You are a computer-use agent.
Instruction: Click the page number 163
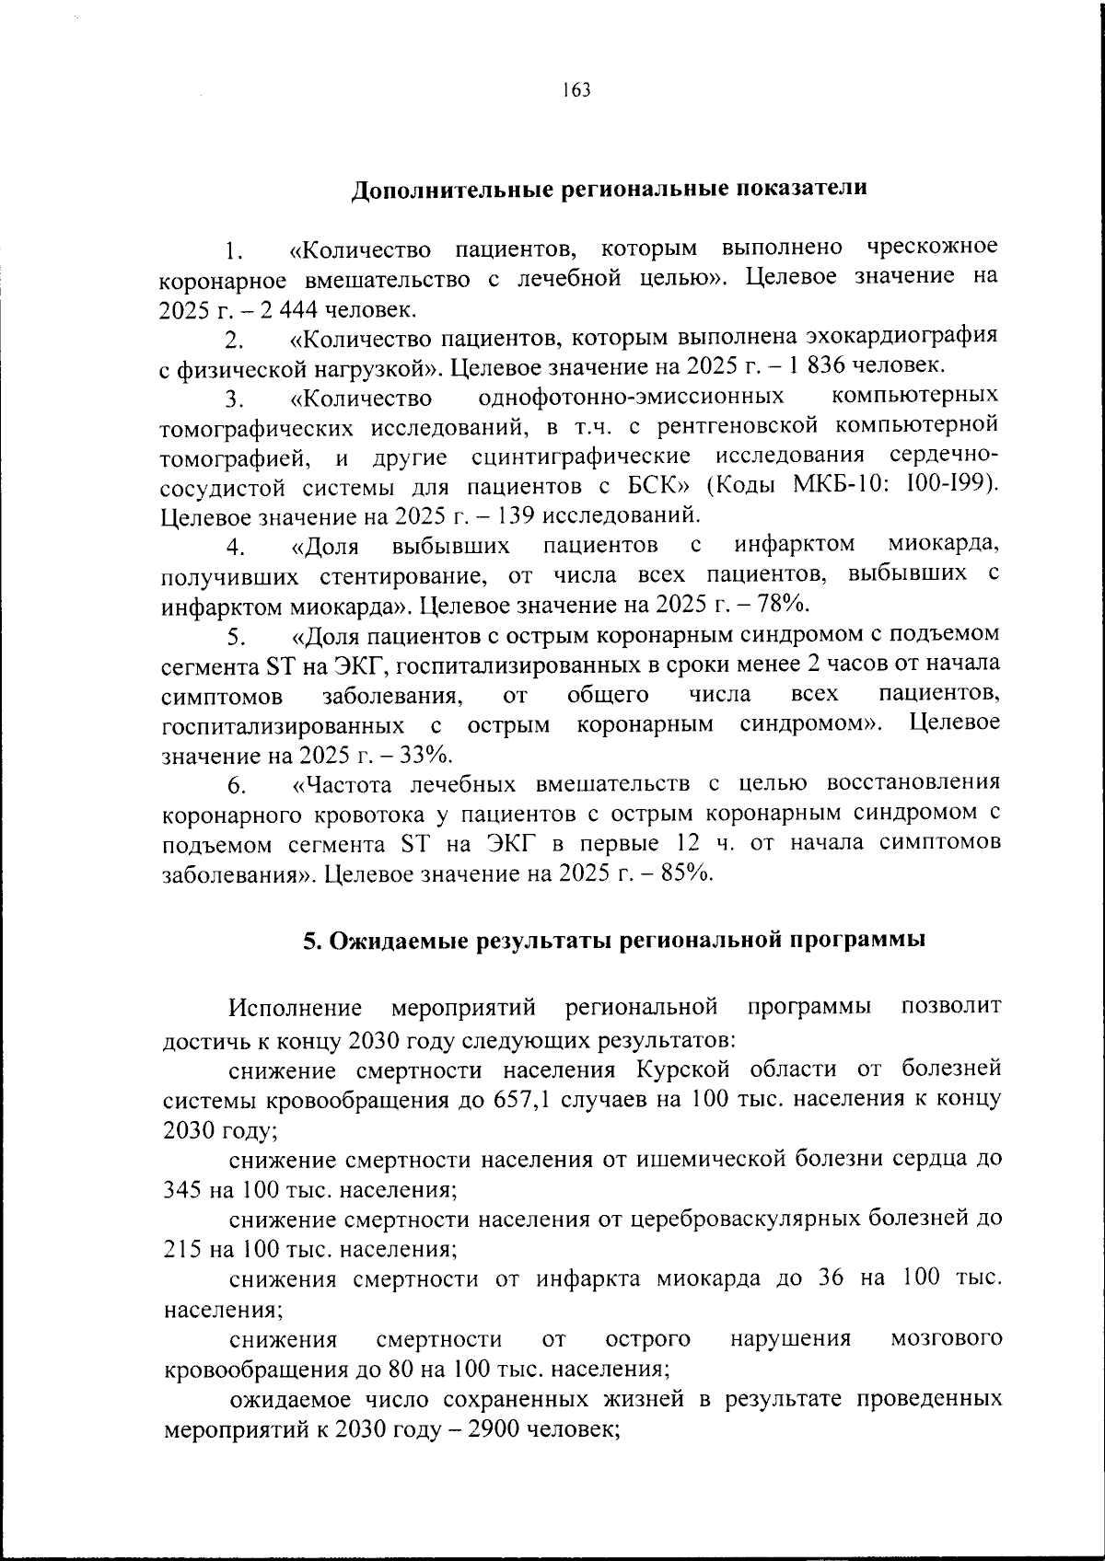tap(575, 90)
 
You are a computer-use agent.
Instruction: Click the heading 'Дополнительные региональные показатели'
tap(610, 189)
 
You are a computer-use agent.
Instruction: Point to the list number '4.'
tap(236, 548)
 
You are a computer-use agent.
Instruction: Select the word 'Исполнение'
tap(295, 1008)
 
